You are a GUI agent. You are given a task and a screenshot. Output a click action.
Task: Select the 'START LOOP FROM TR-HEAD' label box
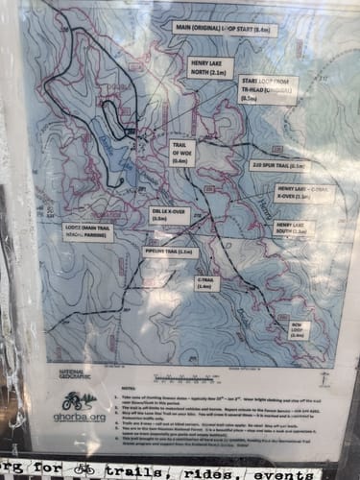pyautogui.click(x=269, y=88)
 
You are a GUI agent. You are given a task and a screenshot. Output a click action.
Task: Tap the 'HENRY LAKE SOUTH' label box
pyautogui.click(x=294, y=228)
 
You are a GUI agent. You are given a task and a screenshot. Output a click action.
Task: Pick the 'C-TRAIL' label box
pyautogui.click(x=205, y=282)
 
